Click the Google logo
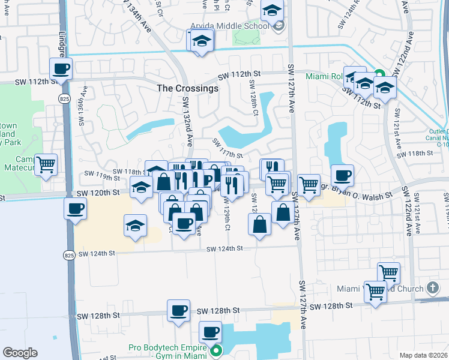tap(20, 353)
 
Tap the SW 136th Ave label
tap(83, 106)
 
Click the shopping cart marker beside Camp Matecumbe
tap(46, 164)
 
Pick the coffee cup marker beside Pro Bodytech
tap(210, 332)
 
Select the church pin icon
tap(432, 288)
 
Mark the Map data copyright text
tap(423, 355)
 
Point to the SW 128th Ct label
tap(254, 100)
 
